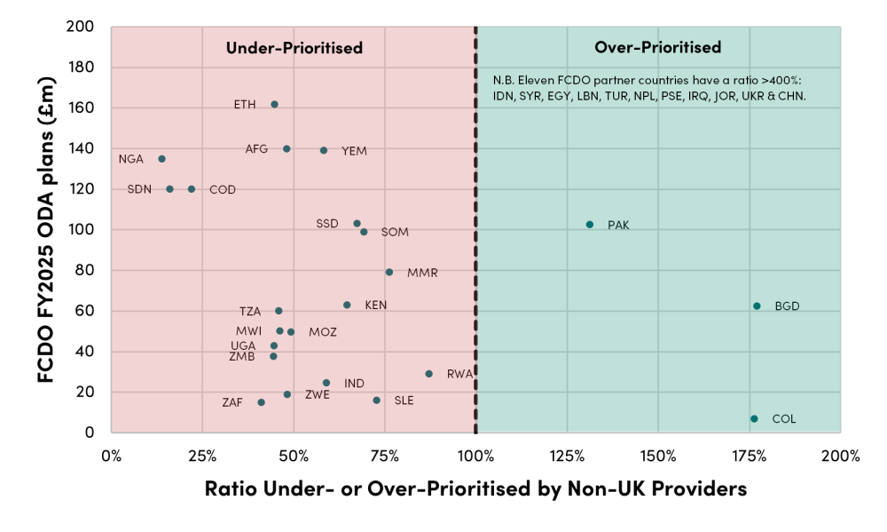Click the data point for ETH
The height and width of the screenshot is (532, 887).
point(274,104)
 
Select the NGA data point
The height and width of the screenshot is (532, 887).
point(161,159)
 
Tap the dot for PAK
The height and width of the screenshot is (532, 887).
point(590,225)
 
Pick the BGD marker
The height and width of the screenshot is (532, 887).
point(757,306)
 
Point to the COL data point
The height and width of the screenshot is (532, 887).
point(754,418)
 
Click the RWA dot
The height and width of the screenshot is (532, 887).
point(429,374)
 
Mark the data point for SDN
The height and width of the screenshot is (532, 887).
point(169,189)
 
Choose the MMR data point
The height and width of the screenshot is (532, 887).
point(389,272)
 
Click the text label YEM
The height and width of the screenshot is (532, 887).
point(355,151)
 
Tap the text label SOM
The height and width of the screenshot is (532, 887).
point(395,233)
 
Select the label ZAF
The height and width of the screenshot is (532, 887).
point(232,403)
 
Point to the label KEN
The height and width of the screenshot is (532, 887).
point(376,306)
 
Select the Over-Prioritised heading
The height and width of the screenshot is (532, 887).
point(657,48)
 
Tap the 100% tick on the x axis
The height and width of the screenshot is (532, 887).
point(475,457)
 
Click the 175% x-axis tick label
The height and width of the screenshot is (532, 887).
point(750,457)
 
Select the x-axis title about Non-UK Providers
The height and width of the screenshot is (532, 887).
point(475,488)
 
